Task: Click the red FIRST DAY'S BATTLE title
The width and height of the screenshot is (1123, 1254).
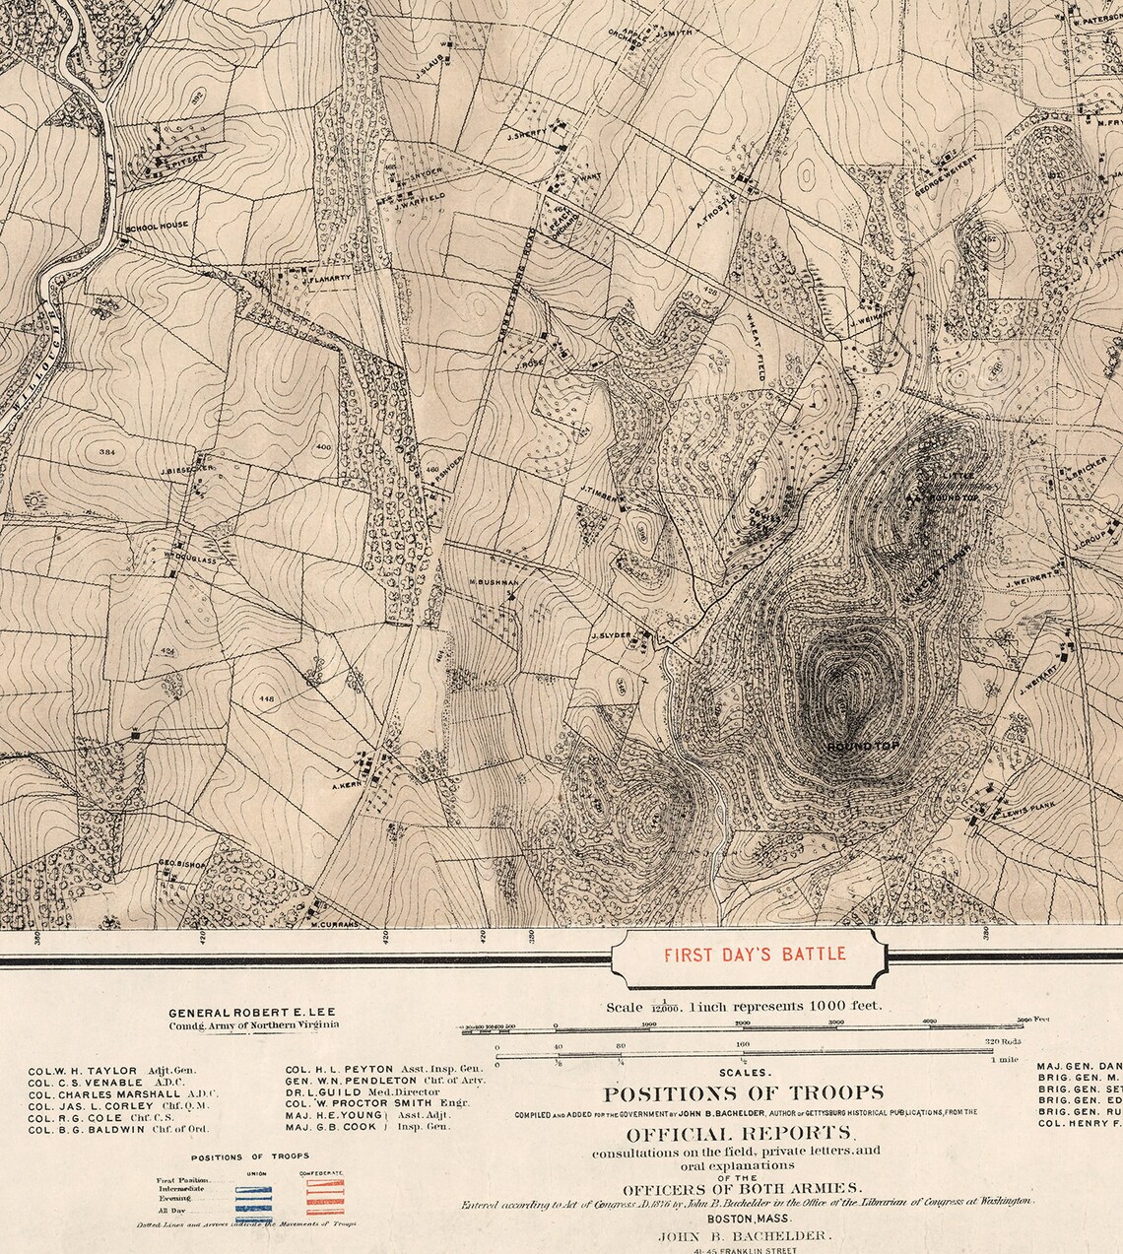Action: (754, 954)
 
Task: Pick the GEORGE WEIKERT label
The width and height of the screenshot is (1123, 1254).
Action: (944, 177)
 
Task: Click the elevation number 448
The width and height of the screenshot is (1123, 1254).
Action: (266, 698)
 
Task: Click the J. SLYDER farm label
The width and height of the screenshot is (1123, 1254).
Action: (610, 635)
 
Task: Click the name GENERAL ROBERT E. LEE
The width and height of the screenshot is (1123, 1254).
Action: (254, 1013)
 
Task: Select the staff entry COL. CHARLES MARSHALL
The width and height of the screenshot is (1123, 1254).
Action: (104, 1093)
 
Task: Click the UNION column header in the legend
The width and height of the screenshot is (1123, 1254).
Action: (256, 1173)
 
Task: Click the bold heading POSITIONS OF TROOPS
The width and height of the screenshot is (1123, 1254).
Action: (743, 1093)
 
